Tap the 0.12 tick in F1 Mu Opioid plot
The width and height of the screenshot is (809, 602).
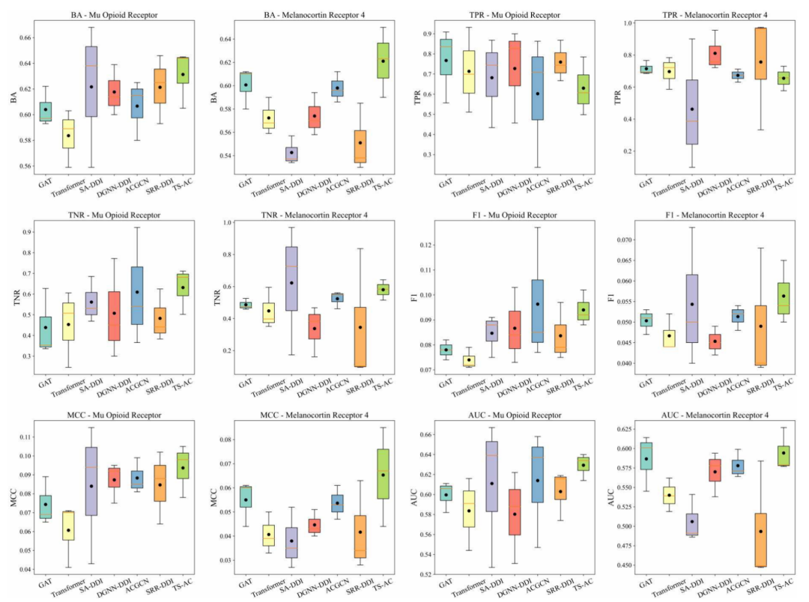(428, 245)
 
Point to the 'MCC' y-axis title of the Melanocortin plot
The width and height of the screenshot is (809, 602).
(212, 496)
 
